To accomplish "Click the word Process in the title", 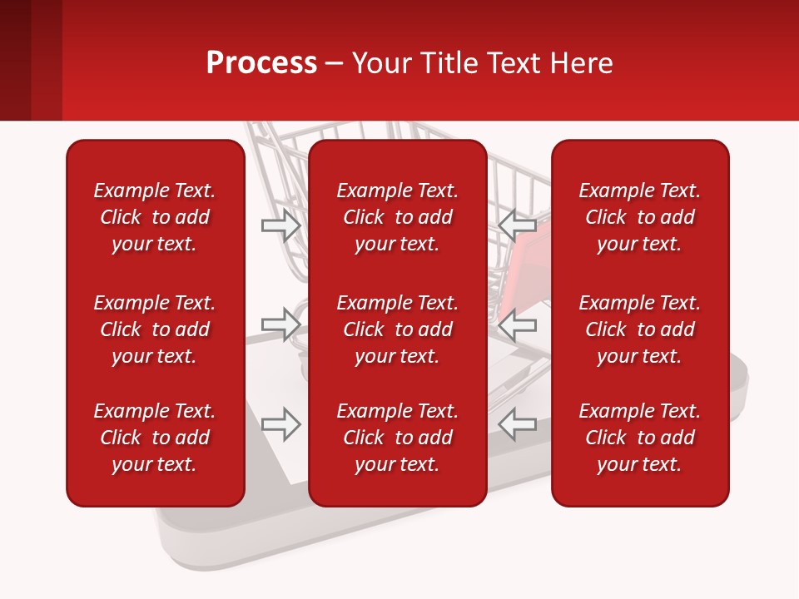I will [261, 63].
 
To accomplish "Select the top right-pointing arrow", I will [281, 225].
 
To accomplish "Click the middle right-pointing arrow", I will [281, 324].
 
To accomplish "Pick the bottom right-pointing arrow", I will [281, 424].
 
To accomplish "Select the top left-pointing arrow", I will [518, 225].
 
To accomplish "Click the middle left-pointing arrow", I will [518, 324].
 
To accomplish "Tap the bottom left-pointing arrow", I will [518, 424].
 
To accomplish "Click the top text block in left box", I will [155, 217].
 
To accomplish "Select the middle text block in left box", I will [155, 329].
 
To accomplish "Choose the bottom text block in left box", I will [155, 438].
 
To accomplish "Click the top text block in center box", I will [398, 217].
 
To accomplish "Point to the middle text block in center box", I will [398, 329].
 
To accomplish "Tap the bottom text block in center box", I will [398, 438].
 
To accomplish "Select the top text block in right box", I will [640, 217].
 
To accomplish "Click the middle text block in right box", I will [640, 329].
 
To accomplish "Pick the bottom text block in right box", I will [640, 438].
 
